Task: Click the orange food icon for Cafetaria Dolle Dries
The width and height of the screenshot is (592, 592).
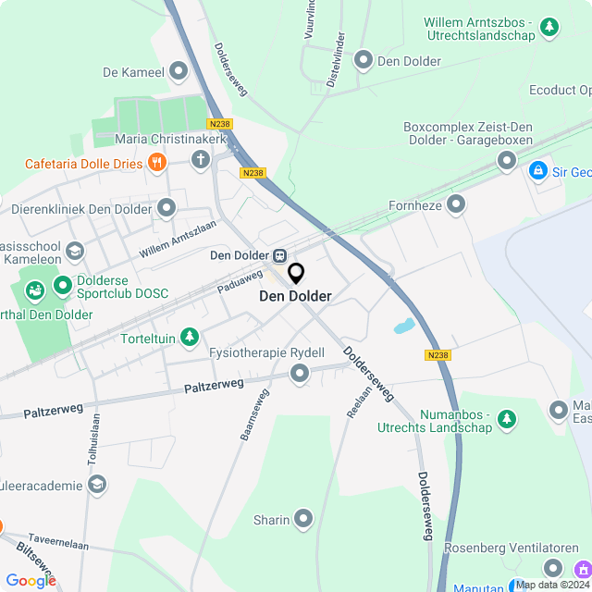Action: click(157, 164)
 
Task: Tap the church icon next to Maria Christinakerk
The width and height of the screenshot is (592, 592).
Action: click(201, 160)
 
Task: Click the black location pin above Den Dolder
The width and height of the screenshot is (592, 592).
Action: click(296, 274)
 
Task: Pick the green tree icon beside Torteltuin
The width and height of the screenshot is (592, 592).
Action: click(190, 338)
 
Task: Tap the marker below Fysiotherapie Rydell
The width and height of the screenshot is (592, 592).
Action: click(299, 374)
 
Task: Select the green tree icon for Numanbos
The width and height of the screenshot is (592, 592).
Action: click(506, 420)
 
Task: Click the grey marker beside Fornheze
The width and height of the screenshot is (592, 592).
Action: click(456, 203)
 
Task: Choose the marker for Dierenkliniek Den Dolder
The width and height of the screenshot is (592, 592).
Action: click(166, 208)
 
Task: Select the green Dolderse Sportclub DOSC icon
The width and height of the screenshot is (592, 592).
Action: click(62, 284)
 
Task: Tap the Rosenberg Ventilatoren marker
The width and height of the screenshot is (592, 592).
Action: click(552, 568)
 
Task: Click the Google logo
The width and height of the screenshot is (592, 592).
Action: click(30, 580)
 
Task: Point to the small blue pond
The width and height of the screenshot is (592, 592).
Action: click(403, 327)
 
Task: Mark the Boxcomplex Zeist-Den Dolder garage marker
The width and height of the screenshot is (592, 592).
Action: click(506, 161)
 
